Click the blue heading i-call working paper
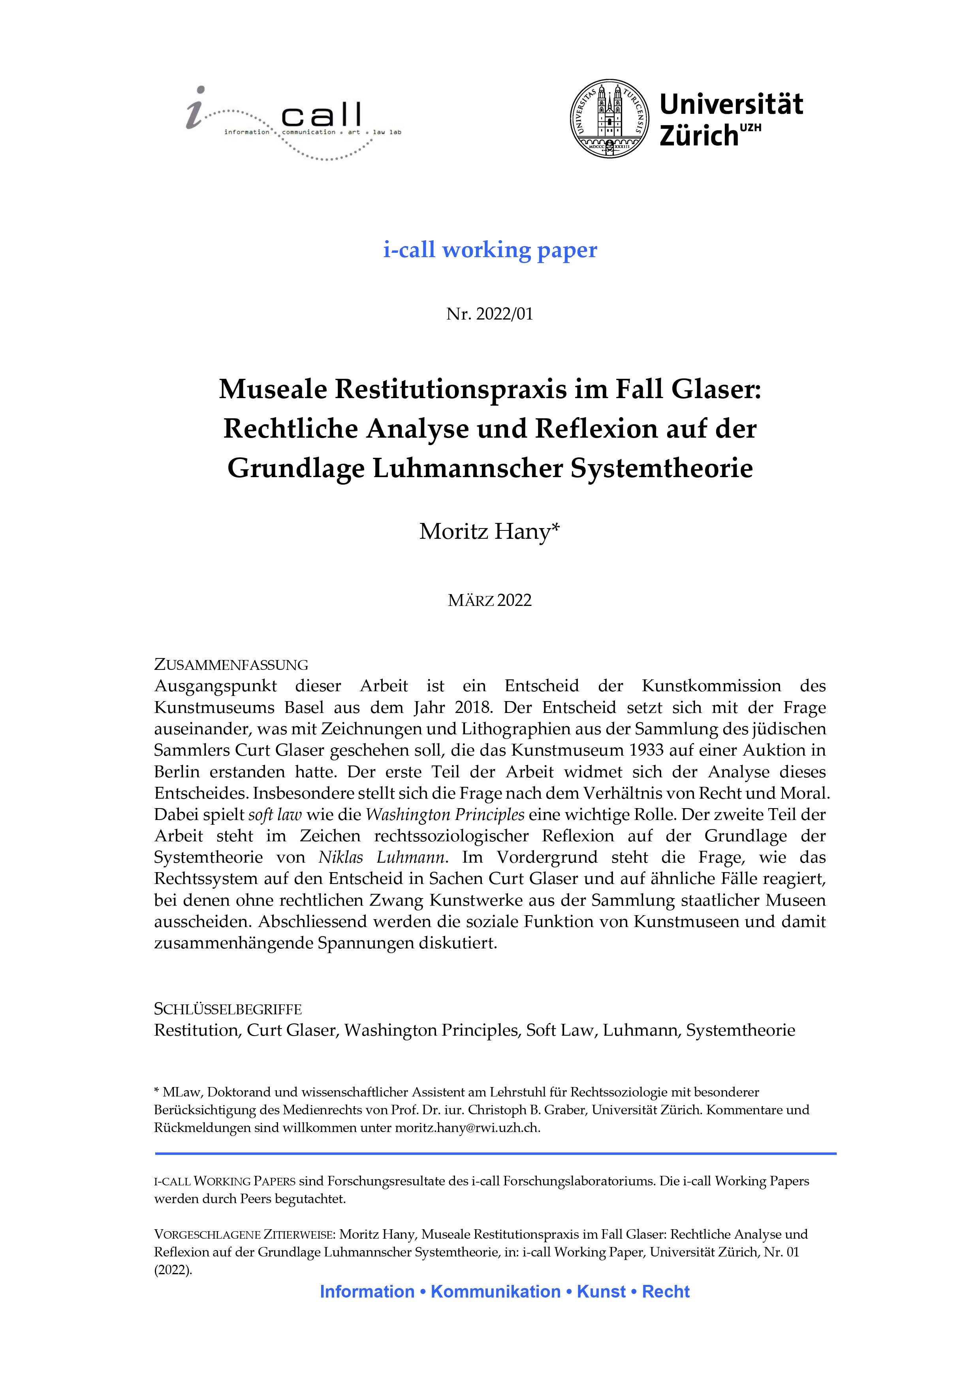490,249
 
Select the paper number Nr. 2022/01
490,314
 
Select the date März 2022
490,601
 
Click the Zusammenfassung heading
231,665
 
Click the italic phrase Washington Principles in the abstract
445,815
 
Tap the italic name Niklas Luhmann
383,858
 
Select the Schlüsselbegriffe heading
228,1009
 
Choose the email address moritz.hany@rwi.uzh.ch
467,1128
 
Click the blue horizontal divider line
495,1154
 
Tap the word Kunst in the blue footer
602,1292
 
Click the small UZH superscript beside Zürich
751,128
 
